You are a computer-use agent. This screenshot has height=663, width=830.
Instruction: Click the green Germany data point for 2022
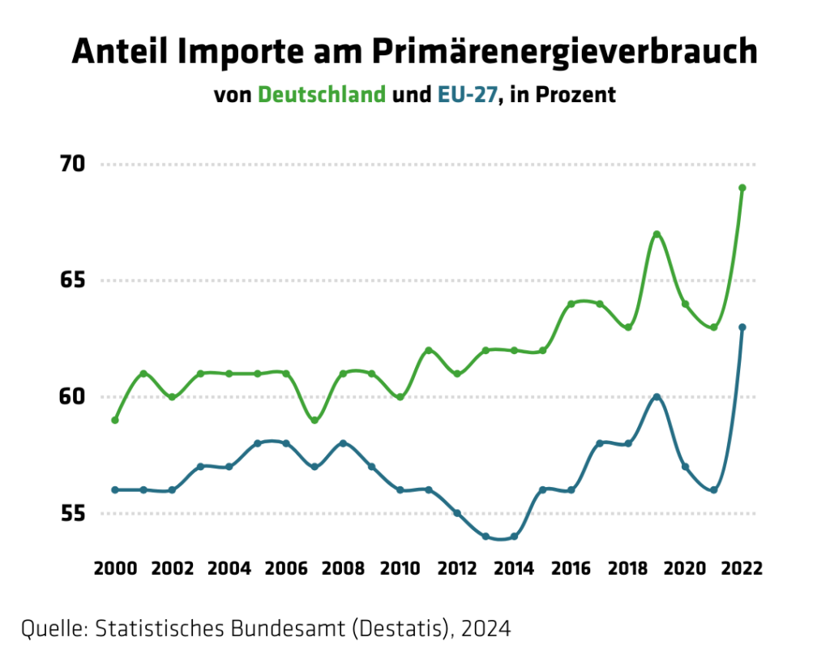pyautogui.click(x=742, y=188)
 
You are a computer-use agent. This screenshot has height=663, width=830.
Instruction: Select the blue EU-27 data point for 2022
pyautogui.click(x=742, y=327)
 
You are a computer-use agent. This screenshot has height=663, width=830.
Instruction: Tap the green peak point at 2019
pyautogui.click(x=657, y=234)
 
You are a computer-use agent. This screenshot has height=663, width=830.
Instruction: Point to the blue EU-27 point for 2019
pyautogui.click(x=657, y=397)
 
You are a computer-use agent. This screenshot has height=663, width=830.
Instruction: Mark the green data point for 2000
pyautogui.click(x=115, y=420)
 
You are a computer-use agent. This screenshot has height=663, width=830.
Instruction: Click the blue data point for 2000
pyautogui.click(x=115, y=490)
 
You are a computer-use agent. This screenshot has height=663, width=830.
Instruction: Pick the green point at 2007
pyautogui.click(x=314, y=420)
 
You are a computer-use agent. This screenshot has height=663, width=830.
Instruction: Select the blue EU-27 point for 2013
pyautogui.click(x=486, y=536)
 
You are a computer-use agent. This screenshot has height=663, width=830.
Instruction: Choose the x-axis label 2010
pyautogui.click(x=400, y=567)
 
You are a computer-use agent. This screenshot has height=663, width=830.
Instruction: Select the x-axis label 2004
pyautogui.click(x=229, y=567)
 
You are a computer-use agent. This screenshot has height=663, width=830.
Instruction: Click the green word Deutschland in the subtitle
pyautogui.click(x=321, y=95)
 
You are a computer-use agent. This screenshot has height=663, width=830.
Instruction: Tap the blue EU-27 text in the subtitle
pyautogui.click(x=467, y=95)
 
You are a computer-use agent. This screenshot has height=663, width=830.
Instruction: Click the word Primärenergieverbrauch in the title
pyautogui.click(x=565, y=52)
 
